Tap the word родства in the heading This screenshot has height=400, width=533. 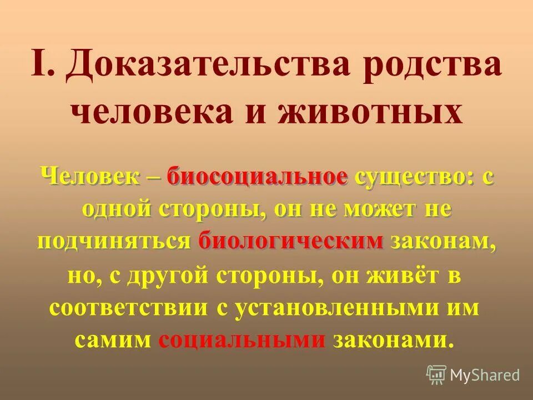[x=432, y=66]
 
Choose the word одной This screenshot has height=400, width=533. [x=117, y=209]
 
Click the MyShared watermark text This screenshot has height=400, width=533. [x=485, y=375]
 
